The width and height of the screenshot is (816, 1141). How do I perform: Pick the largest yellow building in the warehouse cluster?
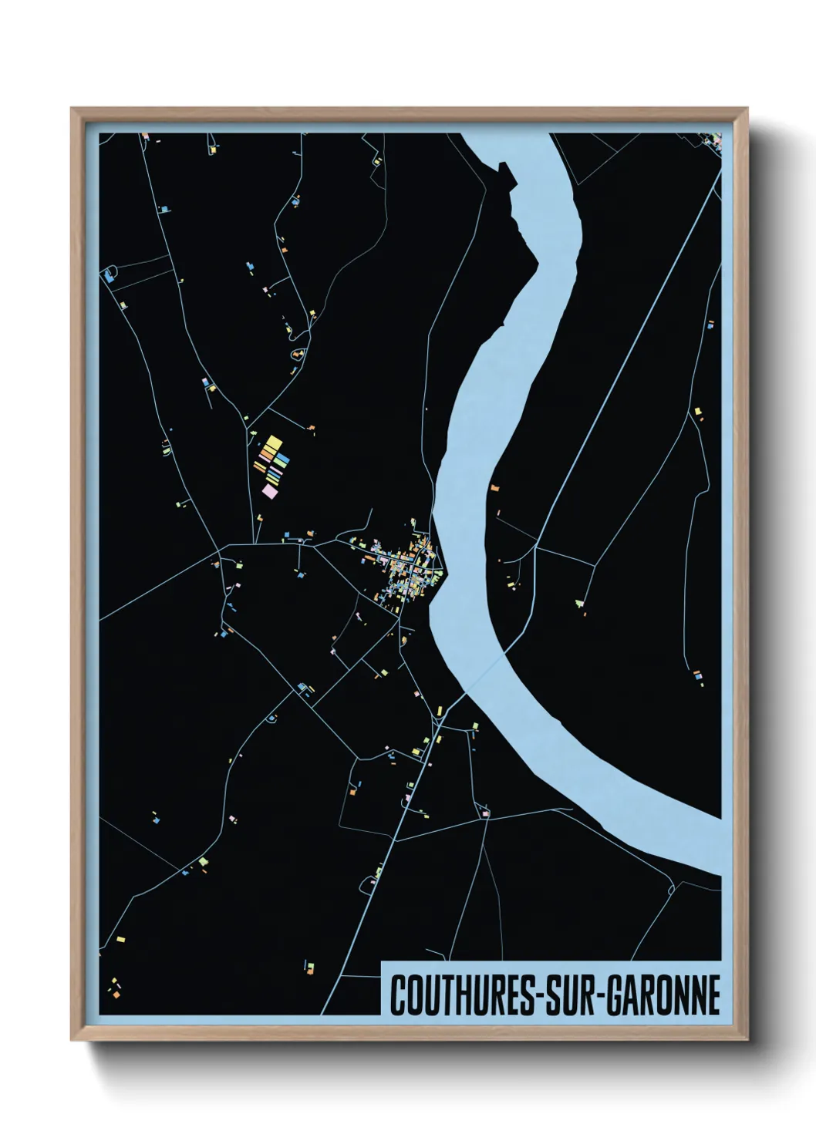(272, 445)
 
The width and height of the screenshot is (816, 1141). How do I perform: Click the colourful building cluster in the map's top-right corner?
(711, 140)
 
